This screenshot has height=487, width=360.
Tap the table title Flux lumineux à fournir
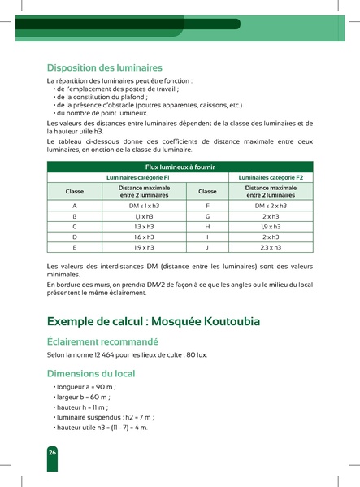[180, 167]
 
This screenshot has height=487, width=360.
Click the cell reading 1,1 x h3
[144, 217]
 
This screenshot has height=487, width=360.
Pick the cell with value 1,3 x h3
[144, 227]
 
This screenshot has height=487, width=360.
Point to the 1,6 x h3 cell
[144, 237]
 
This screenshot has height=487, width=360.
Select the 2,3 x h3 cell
[271, 246]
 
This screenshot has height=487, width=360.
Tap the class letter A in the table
[75, 207]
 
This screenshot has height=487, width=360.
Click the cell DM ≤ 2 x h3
[271, 207]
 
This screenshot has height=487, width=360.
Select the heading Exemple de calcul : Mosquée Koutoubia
[154, 321]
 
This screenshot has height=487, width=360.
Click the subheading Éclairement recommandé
[102, 342]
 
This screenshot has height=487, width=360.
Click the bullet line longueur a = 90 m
[86, 388]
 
